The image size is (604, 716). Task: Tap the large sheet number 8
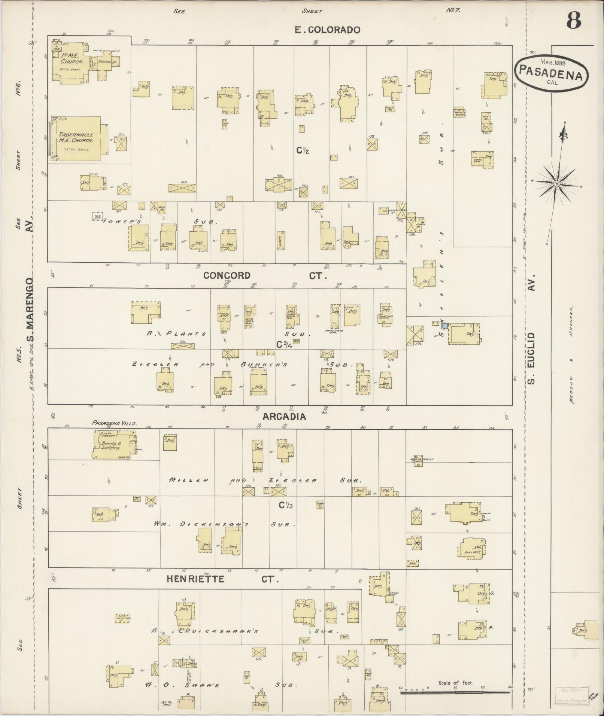(573, 21)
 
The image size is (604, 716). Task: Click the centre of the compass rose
(557, 183)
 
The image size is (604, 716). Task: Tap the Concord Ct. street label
(265, 276)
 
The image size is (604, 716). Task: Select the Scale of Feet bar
(455, 692)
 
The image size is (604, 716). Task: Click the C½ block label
(303, 150)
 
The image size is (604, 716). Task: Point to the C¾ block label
(284, 345)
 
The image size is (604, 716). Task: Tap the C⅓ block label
(285, 505)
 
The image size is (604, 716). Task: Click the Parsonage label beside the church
(108, 61)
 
